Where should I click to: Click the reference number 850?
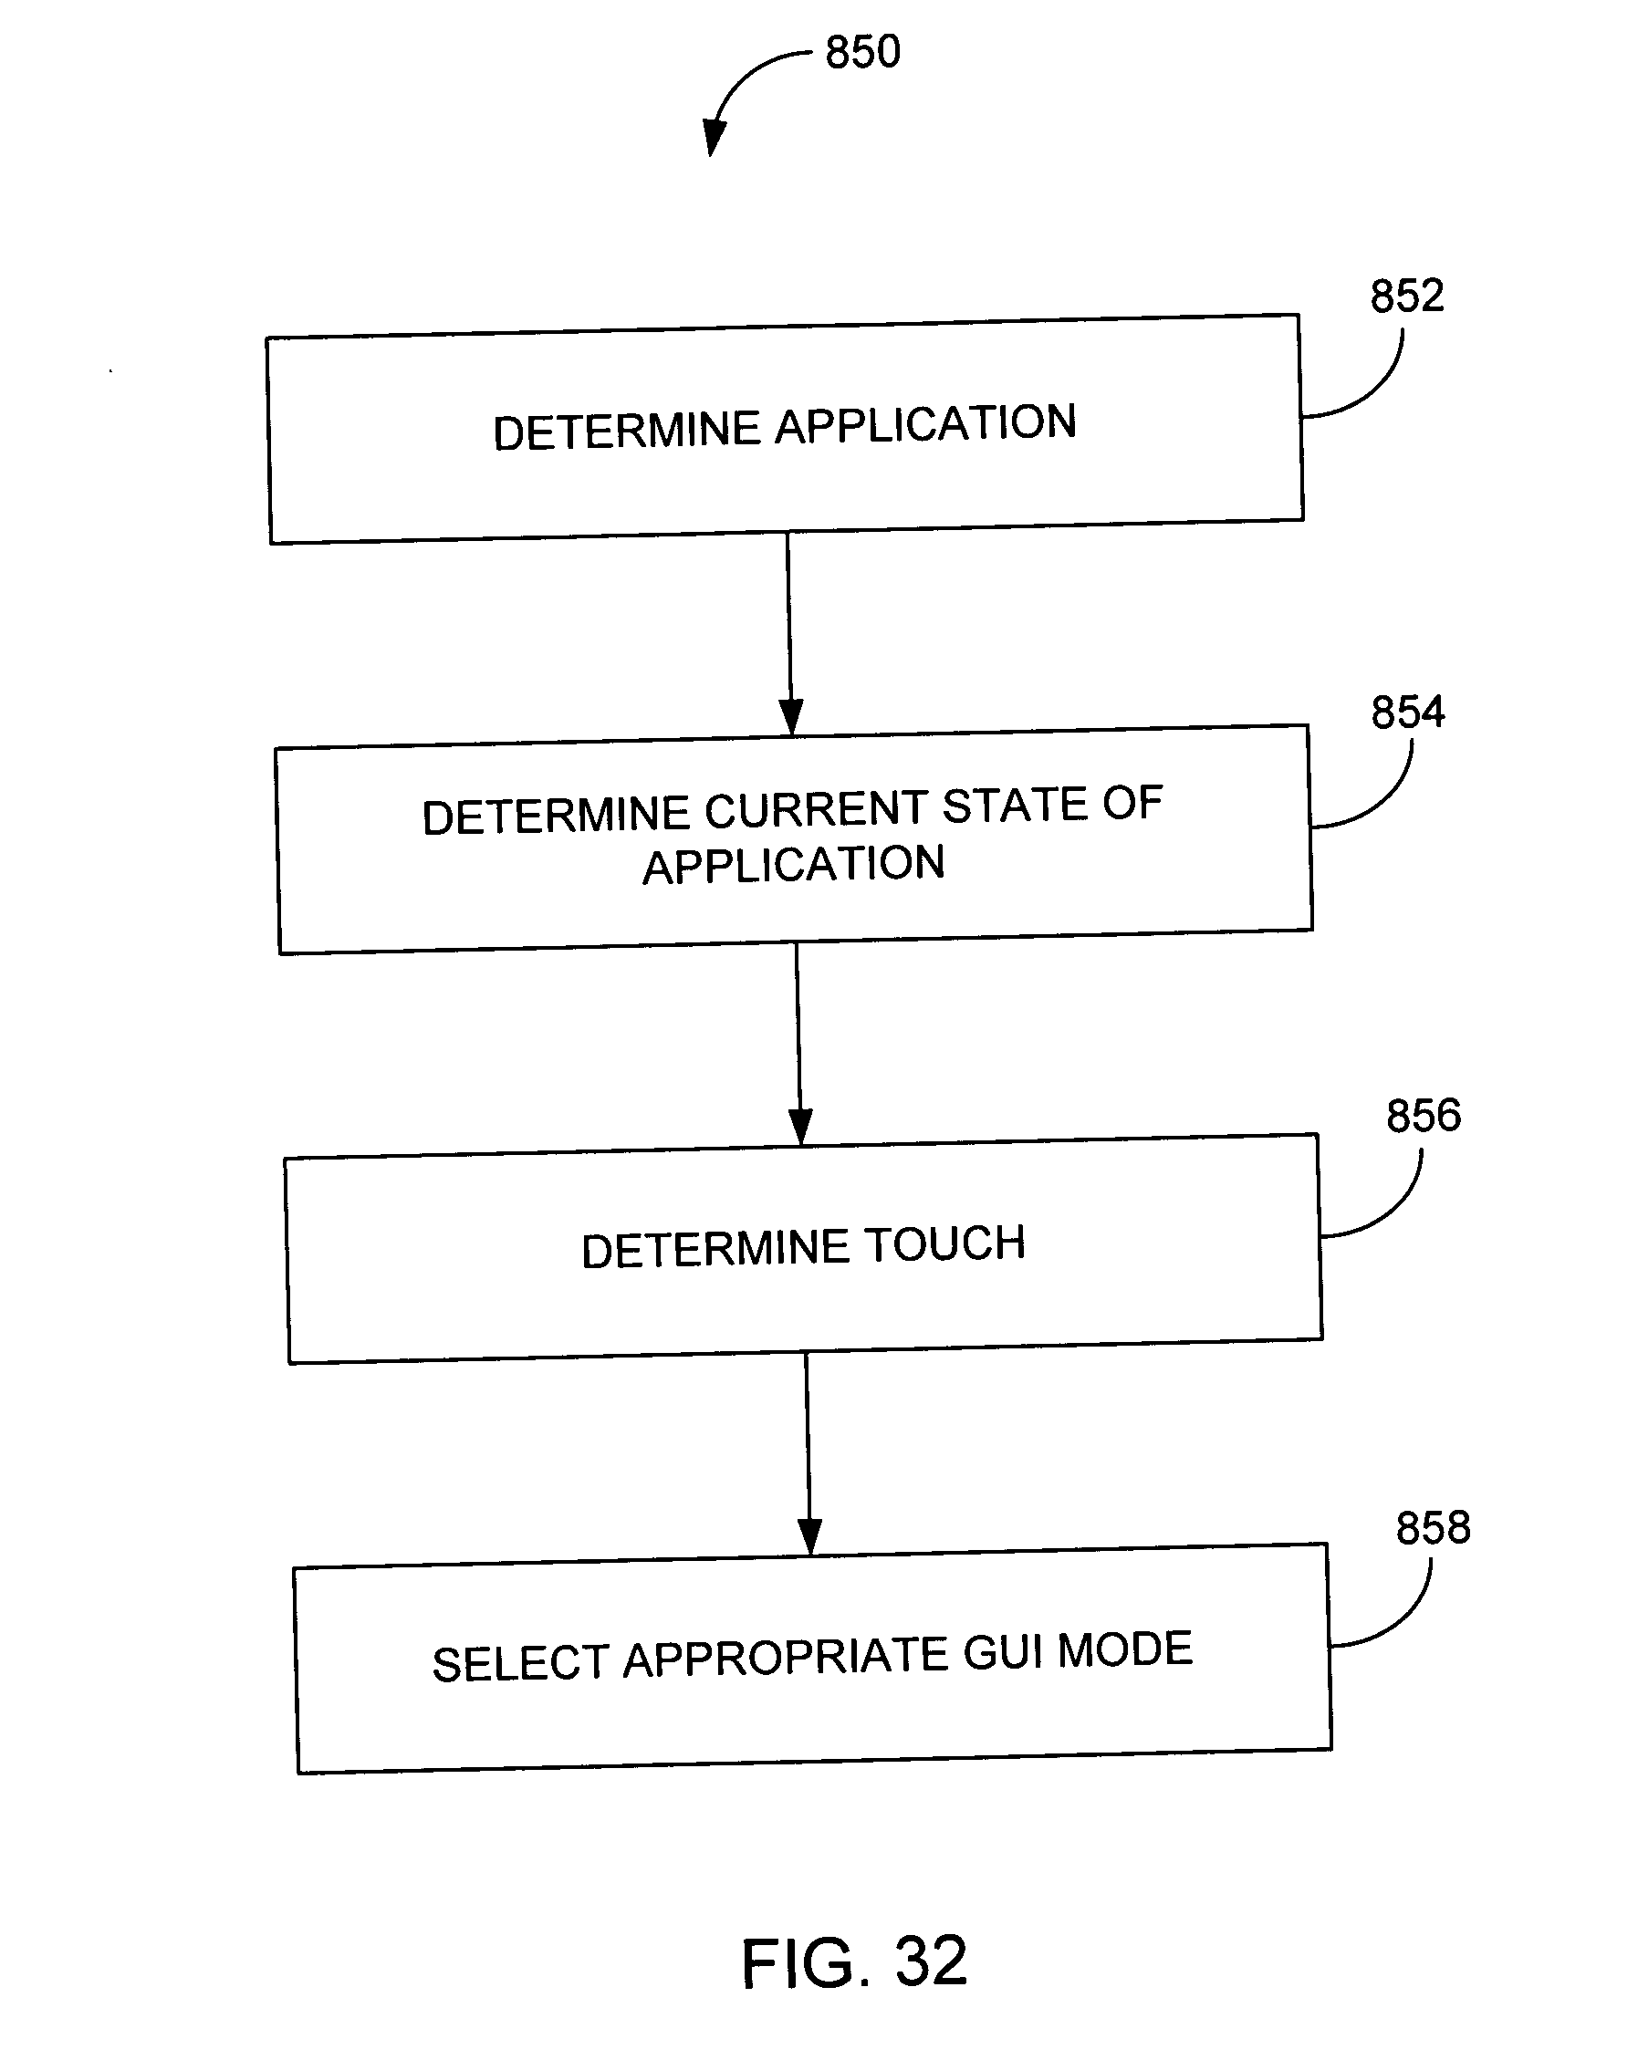coord(862,52)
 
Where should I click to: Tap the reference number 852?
coord(1407,297)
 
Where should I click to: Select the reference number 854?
coord(1408,713)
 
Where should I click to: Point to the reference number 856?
coord(1423,1116)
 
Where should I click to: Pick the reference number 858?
coord(1433,1529)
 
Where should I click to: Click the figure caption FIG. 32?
coord(854,1962)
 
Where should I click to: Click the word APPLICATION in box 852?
coord(925,424)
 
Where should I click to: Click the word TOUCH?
coord(944,1245)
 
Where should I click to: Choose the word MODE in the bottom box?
coord(1125,1651)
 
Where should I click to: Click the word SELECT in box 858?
coord(520,1664)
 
